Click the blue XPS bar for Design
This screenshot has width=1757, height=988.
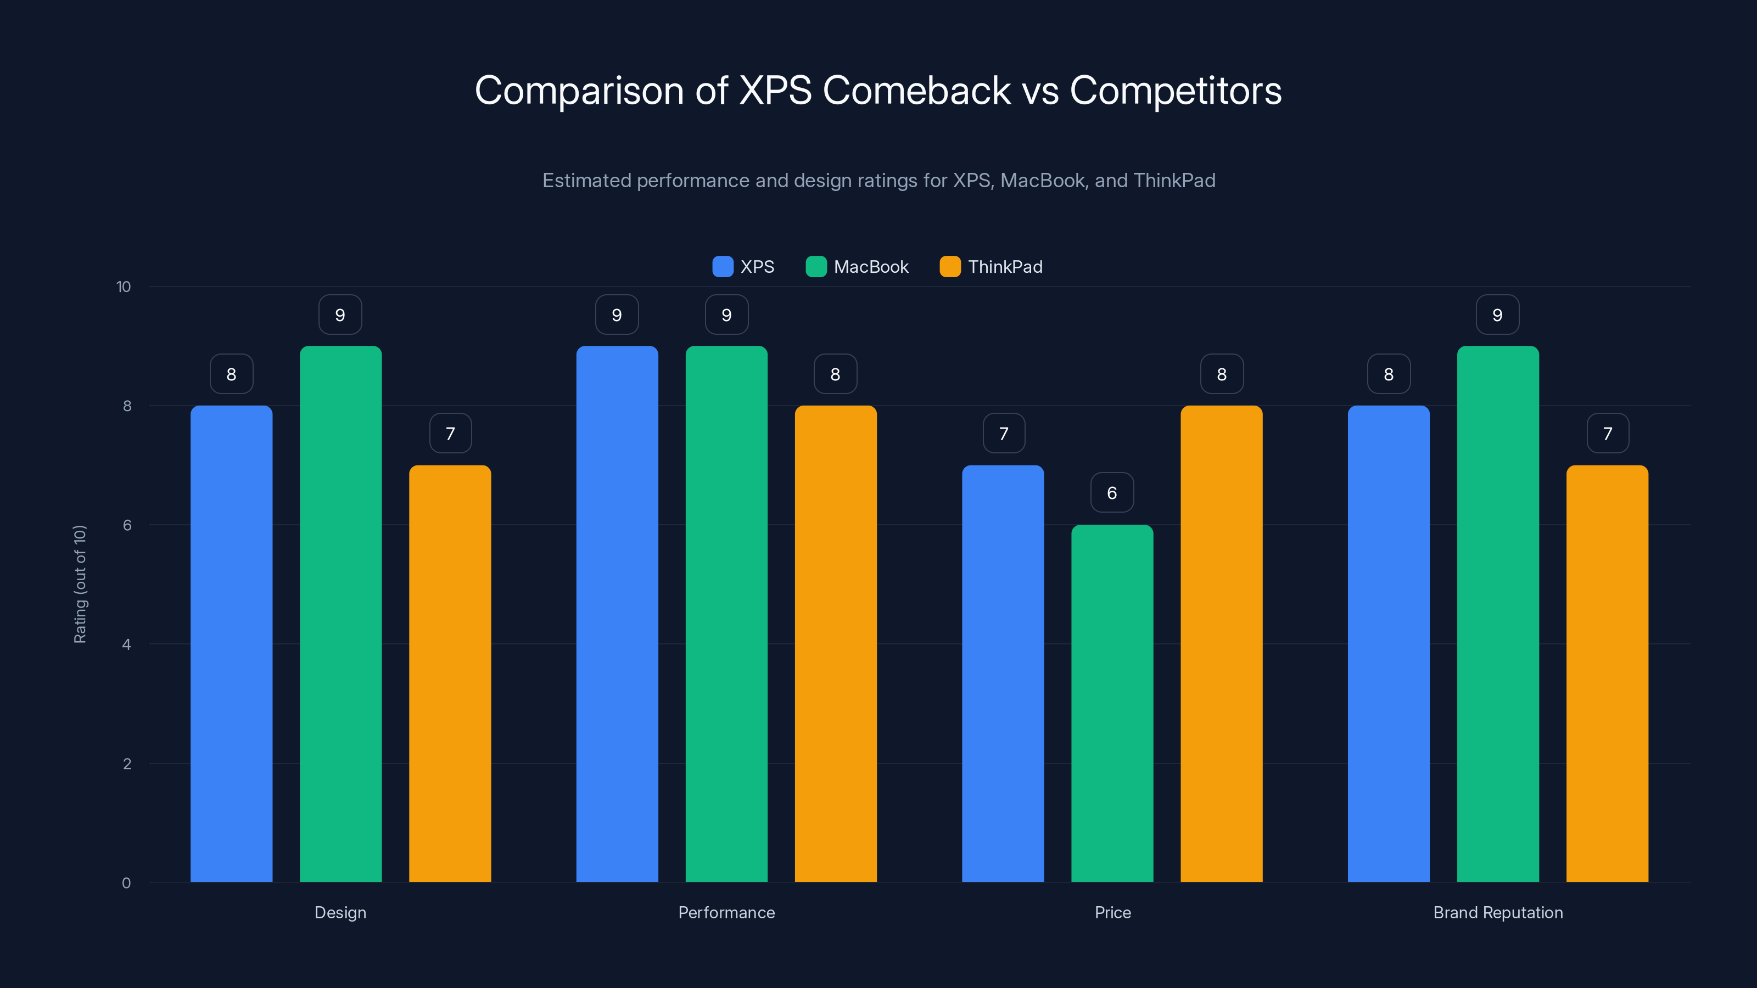pos(231,644)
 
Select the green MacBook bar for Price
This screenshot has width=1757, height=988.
pos(1112,703)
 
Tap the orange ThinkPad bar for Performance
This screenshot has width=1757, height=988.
pos(836,644)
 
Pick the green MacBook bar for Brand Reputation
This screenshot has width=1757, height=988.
pos(1498,614)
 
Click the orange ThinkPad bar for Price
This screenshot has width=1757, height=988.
pos(1221,644)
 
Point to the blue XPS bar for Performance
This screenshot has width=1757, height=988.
pos(617,614)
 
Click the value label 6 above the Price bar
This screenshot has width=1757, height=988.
pos(1112,492)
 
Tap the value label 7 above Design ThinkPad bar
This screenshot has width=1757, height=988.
pos(450,433)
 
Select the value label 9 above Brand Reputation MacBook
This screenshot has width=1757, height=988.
pos(1497,315)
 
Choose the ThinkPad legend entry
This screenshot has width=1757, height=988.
pos(991,267)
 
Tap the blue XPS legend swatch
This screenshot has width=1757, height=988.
pos(723,267)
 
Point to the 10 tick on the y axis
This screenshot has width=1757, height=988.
pos(124,287)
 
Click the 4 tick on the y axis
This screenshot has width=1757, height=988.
pos(126,644)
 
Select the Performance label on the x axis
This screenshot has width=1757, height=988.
pos(726,912)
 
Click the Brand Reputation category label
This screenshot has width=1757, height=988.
pos(1498,912)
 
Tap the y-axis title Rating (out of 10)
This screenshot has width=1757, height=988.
pos(80,583)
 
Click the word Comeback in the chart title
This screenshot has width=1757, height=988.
pos(916,91)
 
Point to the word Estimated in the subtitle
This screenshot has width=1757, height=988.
pos(586,181)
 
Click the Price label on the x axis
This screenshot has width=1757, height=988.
pos(1112,912)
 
